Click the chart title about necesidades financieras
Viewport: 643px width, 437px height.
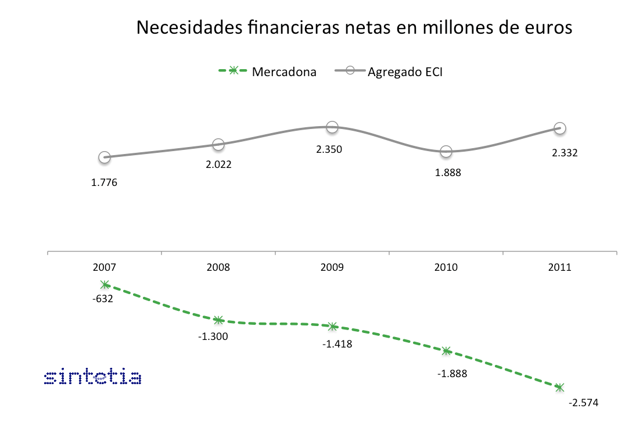[354, 27]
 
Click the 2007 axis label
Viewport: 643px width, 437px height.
[105, 268]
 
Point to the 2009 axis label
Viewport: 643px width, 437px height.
[332, 268]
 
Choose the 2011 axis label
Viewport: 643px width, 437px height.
[560, 268]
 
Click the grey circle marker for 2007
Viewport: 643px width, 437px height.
[105, 157]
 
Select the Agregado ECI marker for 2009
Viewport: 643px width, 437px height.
[332, 127]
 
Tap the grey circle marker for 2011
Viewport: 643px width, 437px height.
[560, 128]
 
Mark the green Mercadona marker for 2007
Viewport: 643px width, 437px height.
[105, 285]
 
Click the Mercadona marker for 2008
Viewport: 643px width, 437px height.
[218, 320]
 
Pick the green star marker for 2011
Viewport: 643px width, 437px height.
[560, 387]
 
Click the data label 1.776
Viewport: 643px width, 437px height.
[105, 183]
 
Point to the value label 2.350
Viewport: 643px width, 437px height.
[329, 149]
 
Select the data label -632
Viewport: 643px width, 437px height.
[103, 299]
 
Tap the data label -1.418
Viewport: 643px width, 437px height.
[337, 343]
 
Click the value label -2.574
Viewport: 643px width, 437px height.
[583, 402]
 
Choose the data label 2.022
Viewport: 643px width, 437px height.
[218, 164]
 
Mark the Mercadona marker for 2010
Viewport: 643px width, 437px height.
[446, 351]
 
